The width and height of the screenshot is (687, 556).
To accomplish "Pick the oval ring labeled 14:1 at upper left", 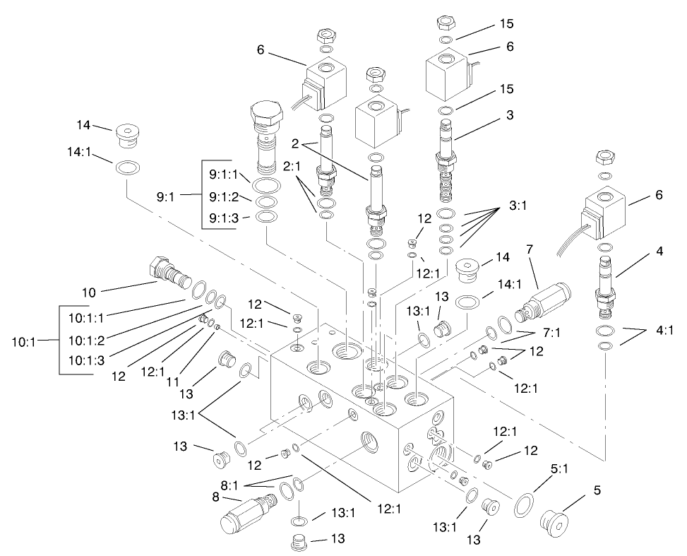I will click(126, 168).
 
